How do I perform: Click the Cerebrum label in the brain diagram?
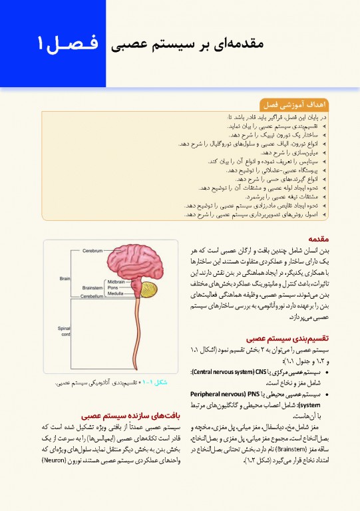point(93,251)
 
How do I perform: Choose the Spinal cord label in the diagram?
point(65,331)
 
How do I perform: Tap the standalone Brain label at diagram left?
point(65,277)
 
